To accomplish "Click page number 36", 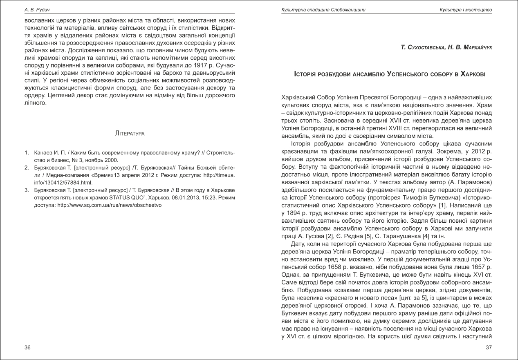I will tap(28, 348).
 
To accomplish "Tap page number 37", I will tap(489, 348).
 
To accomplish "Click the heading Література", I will tap(130, 134).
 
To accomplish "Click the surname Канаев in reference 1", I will tap(43, 153).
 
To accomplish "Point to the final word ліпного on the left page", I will tap(34, 103).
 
